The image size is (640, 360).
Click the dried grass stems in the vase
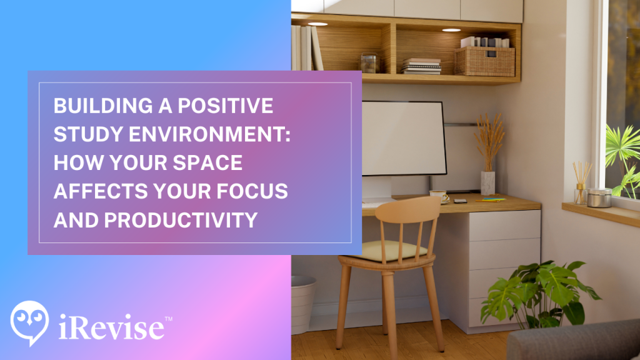point(489,141)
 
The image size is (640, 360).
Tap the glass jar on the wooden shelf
point(369,63)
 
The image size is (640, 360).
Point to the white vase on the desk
point(487,182)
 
